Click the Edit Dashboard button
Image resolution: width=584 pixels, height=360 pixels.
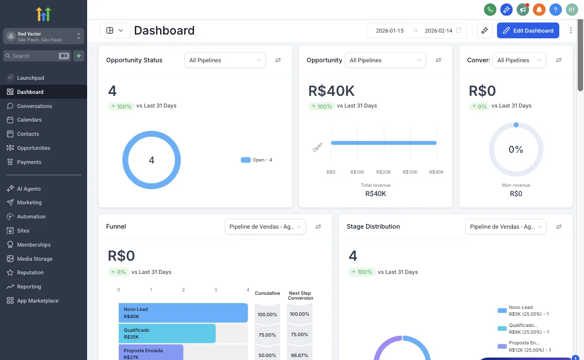click(x=528, y=31)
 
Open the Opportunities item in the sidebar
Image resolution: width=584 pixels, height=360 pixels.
click(x=33, y=148)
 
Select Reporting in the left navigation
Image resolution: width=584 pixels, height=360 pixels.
click(x=29, y=287)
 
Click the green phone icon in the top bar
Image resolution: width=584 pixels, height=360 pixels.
click(x=490, y=9)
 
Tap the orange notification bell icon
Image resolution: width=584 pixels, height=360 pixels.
click(x=539, y=9)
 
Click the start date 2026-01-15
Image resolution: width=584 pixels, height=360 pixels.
click(x=390, y=31)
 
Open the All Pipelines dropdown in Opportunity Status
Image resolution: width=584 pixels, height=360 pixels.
click(x=225, y=60)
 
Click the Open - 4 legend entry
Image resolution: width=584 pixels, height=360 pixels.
click(x=257, y=160)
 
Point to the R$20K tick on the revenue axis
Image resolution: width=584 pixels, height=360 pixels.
click(x=383, y=172)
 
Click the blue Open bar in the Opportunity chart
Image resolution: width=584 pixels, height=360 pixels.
click(x=383, y=143)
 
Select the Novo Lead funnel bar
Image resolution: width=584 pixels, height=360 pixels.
click(x=183, y=313)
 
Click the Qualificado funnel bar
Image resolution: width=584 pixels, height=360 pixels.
click(x=167, y=333)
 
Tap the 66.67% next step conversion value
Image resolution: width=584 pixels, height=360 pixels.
click(x=299, y=355)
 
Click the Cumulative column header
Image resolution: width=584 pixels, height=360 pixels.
click(x=267, y=293)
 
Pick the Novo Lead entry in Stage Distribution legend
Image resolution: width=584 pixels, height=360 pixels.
click(x=521, y=310)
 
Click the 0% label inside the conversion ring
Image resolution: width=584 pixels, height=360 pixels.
click(x=515, y=150)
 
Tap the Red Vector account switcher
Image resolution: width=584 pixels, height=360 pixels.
click(x=44, y=36)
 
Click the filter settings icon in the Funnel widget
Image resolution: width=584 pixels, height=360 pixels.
click(x=318, y=227)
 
